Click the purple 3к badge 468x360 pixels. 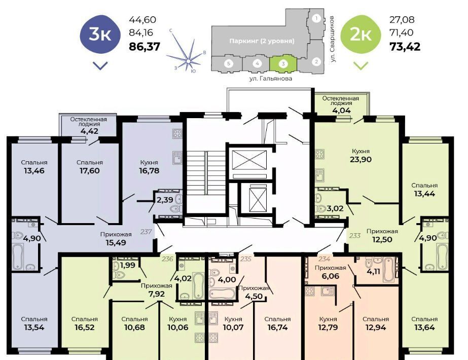[x=100, y=34]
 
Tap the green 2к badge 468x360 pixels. [x=361, y=34]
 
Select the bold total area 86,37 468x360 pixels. [x=145, y=47]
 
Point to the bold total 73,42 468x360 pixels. [x=405, y=47]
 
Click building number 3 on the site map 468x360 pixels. [x=283, y=63]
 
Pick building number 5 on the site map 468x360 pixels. [x=229, y=63]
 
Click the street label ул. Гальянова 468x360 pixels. [x=271, y=79]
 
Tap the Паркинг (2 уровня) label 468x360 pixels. [x=262, y=41]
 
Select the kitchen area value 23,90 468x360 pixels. [x=361, y=159]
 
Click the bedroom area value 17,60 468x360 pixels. [x=90, y=171]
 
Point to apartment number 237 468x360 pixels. [x=146, y=231]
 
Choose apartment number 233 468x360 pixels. [x=355, y=236]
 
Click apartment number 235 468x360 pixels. [x=245, y=259]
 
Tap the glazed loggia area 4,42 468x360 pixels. [x=89, y=131]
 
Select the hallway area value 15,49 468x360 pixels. [x=116, y=243]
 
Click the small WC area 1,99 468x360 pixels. [x=128, y=265]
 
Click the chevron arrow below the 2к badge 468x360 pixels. [x=361, y=65]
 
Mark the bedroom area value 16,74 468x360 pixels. [x=277, y=328]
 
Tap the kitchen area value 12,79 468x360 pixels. [x=328, y=328]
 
